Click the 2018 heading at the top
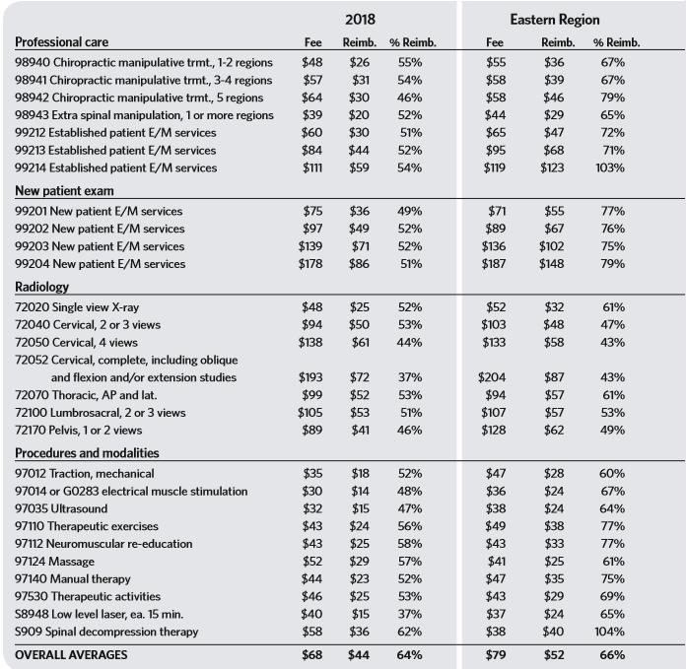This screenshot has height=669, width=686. tap(358, 19)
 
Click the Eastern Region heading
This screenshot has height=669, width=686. tap(555, 19)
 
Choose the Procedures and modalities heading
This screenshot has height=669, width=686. tap(86, 453)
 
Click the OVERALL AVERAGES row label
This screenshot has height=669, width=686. tap(71, 654)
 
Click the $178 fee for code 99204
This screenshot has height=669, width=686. tap(311, 264)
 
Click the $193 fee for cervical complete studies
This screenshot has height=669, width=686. tap(311, 377)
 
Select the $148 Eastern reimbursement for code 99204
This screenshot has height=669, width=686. tap(553, 264)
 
